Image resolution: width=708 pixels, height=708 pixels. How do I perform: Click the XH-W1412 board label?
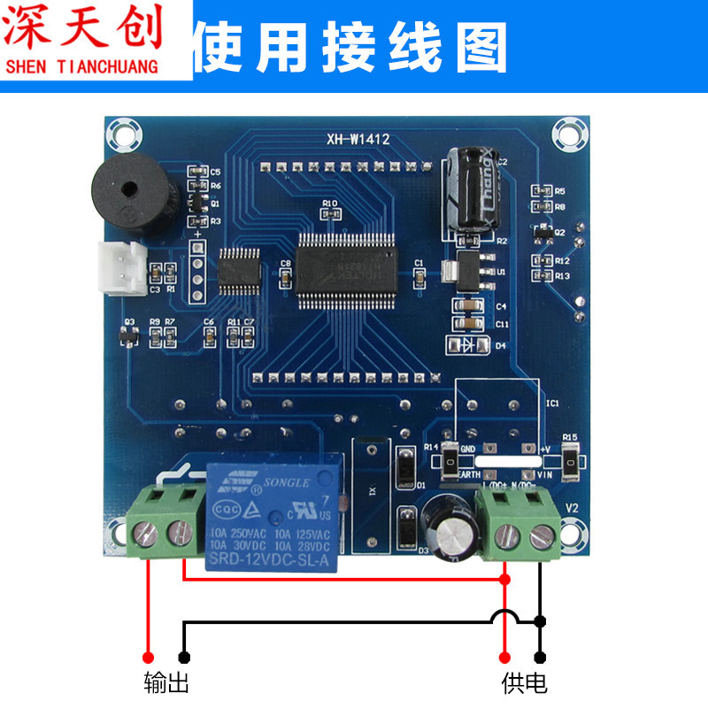358,139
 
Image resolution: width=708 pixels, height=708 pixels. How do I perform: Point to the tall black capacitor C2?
470,190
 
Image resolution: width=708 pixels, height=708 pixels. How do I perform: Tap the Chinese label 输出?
166,682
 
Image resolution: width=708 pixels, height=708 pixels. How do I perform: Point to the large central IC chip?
346,265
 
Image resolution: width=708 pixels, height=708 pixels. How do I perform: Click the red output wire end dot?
149,657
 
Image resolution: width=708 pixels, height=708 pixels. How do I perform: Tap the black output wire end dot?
184,657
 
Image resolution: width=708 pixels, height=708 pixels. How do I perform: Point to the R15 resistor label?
569,437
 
